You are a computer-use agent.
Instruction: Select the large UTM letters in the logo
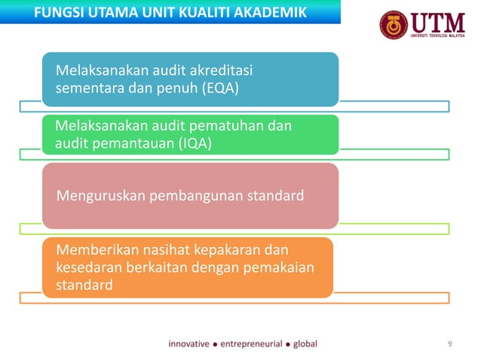click(x=438, y=20)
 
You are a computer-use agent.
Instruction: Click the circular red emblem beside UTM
click(x=394, y=25)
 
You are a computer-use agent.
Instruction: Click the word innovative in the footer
click(x=188, y=344)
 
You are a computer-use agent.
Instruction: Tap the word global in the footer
click(x=305, y=344)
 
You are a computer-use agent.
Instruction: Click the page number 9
click(x=450, y=344)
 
